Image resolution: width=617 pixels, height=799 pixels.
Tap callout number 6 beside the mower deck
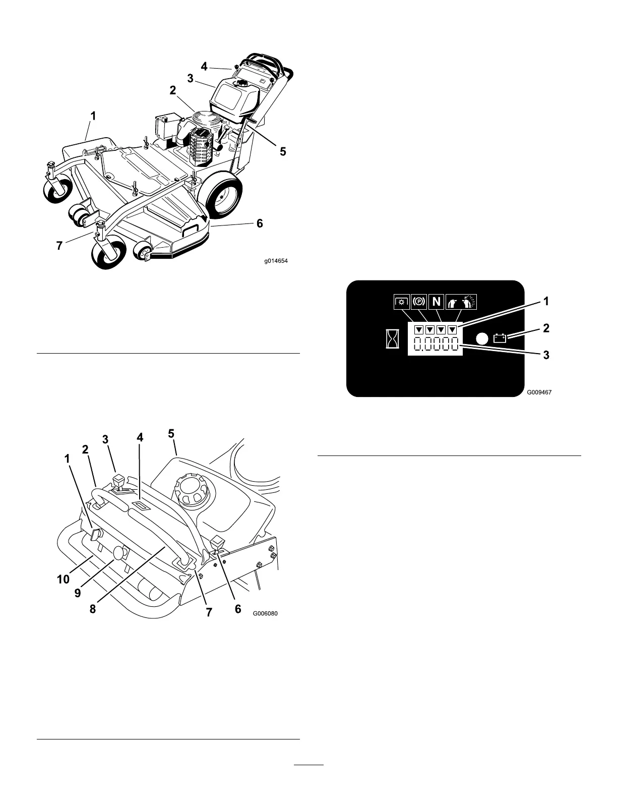click(x=260, y=223)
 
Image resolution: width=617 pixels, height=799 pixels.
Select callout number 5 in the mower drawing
click(x=283, y=151)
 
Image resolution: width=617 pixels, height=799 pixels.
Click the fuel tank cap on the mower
click(x=242, y=83)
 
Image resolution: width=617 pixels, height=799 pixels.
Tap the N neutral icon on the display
click(x=436, y=302)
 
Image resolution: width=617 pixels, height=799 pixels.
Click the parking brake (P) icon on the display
click(x=419, y=302)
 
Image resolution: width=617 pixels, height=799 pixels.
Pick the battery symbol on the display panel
click(x=500, y=338)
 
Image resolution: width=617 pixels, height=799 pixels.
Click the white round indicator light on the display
click(x=482, y=338)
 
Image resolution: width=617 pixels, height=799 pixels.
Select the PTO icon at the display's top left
click(x=402, y=302)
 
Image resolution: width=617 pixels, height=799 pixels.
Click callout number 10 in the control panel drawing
click(x=64, y=580)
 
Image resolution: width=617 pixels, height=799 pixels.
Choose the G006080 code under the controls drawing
click(x=265, y=614)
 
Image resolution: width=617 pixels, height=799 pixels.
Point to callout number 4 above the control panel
click(x=140, y=438)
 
